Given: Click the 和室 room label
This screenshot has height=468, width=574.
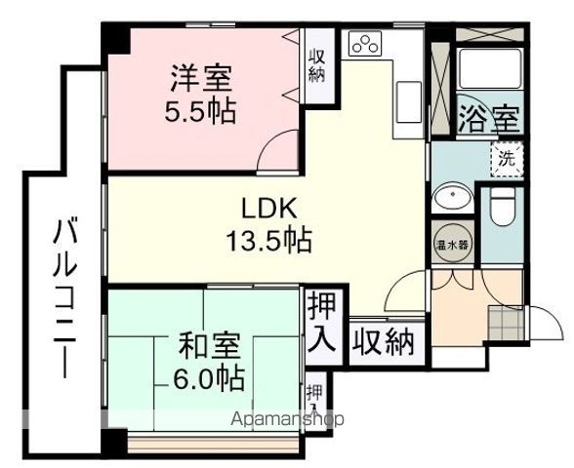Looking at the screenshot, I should point(204,345).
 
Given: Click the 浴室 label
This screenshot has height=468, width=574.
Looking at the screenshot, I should point(488,120).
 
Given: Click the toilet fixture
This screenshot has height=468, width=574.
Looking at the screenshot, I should point(503,207).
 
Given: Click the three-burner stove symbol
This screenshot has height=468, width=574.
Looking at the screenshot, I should point(367,45).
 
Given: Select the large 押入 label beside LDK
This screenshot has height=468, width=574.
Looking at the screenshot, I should point(321,321).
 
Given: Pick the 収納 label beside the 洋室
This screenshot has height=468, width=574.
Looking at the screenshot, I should point(317,67).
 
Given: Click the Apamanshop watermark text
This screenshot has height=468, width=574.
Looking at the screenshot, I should point(289,420).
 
